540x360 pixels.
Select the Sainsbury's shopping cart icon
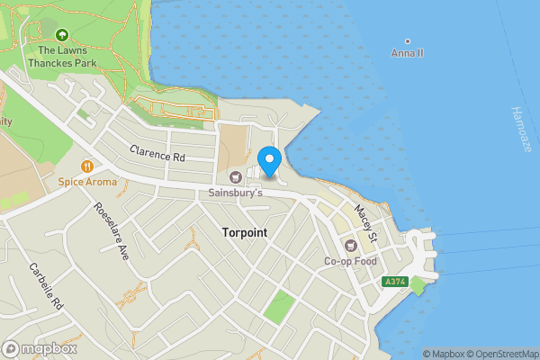tap(236, 176)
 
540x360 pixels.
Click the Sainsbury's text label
tap(236, 193)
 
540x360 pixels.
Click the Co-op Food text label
tap(349, 262)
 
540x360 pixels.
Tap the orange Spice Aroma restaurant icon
tap(87, 166)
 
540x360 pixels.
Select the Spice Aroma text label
tap(87, 182)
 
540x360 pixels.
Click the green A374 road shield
tap(393, 282)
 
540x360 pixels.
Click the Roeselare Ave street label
tap(112, 231)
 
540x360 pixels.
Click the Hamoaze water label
tap(520, 129)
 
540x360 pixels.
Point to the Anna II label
tap(407, 54)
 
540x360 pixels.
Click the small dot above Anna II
tap(408, 40)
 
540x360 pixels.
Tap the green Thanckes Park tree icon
tap(61, 35)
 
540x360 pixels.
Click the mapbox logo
tap(40, 348)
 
